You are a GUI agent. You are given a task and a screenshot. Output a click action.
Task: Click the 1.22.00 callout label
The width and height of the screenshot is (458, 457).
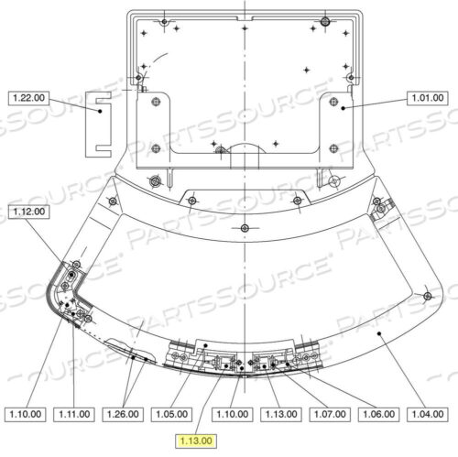click(x=27, y=96)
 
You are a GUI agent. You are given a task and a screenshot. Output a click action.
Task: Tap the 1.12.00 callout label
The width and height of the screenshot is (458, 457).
click(x=27, y=212)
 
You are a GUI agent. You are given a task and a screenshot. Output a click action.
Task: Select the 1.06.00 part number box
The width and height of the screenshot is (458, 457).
click(x=381, y=413)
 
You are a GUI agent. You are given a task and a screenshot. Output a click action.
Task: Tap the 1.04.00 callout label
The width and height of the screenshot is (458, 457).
click(x=429, y=413)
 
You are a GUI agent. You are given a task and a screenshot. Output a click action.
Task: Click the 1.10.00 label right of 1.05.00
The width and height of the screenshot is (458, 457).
click(x=233, y=413)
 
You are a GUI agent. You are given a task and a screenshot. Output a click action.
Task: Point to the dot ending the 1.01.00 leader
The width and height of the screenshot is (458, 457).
click(x=343, y=106)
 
